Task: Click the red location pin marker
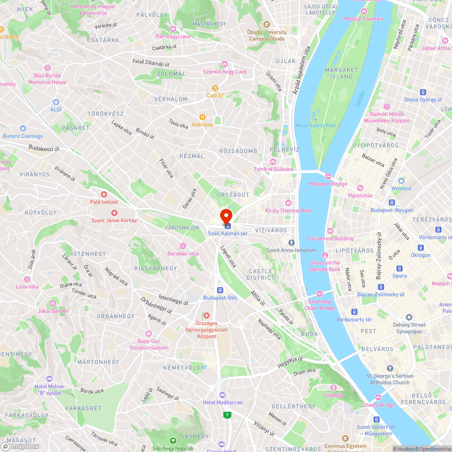pos(226,216)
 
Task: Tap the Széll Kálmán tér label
pos(228,233)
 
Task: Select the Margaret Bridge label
pos(328,184)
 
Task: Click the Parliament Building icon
pos(330,231)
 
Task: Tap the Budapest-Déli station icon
pos(220,290)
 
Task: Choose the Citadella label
pos(334,395)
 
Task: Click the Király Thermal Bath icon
pos(288,203)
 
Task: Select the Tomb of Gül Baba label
pos(273,169)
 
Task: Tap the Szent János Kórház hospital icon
pos(114,212)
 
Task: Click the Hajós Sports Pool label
pos(315,125)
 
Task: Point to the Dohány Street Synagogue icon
pos(409,317)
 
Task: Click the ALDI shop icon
pos(56,103)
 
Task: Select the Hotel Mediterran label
pos(222,402)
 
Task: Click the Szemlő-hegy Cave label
pos(225,71)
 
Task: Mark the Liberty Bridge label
pos(378,405)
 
